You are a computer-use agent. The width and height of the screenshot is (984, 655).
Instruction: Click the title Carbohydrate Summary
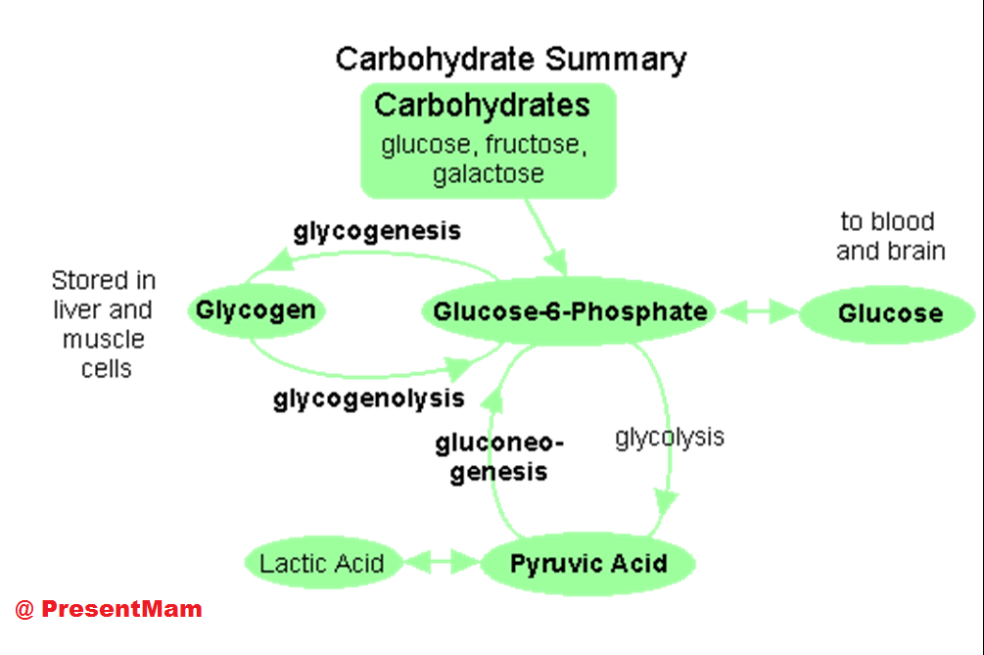pos(510,59)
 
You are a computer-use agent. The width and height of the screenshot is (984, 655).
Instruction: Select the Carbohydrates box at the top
pos(488,139)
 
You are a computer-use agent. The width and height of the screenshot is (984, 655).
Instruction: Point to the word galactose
pos(488,174)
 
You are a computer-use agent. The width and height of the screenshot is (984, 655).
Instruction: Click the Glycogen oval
pos(256,311)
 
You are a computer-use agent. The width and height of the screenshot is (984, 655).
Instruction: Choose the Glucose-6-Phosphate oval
pos(570,312)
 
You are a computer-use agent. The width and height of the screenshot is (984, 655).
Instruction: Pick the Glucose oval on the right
pos(889,314)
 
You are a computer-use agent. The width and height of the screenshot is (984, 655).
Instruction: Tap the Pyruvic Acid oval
pos(587,564)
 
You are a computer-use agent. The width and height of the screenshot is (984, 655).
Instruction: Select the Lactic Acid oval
pos(321,564)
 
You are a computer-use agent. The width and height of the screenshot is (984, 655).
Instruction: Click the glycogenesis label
pos(377,232)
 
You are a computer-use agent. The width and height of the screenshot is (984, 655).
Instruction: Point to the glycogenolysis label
pos(368,399)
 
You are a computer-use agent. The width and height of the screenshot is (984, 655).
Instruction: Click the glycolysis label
pos(670,437)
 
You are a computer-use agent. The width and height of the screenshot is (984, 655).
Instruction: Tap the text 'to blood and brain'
pos(890,236)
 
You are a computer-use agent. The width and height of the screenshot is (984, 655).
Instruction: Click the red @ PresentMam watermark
pos(108,609)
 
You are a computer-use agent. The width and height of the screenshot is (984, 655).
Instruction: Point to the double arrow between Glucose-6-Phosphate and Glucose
pos(758,312)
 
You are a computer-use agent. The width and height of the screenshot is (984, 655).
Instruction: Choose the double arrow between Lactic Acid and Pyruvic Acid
pos(440,563)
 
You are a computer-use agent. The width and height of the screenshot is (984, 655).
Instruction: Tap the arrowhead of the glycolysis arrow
pos(666,501)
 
